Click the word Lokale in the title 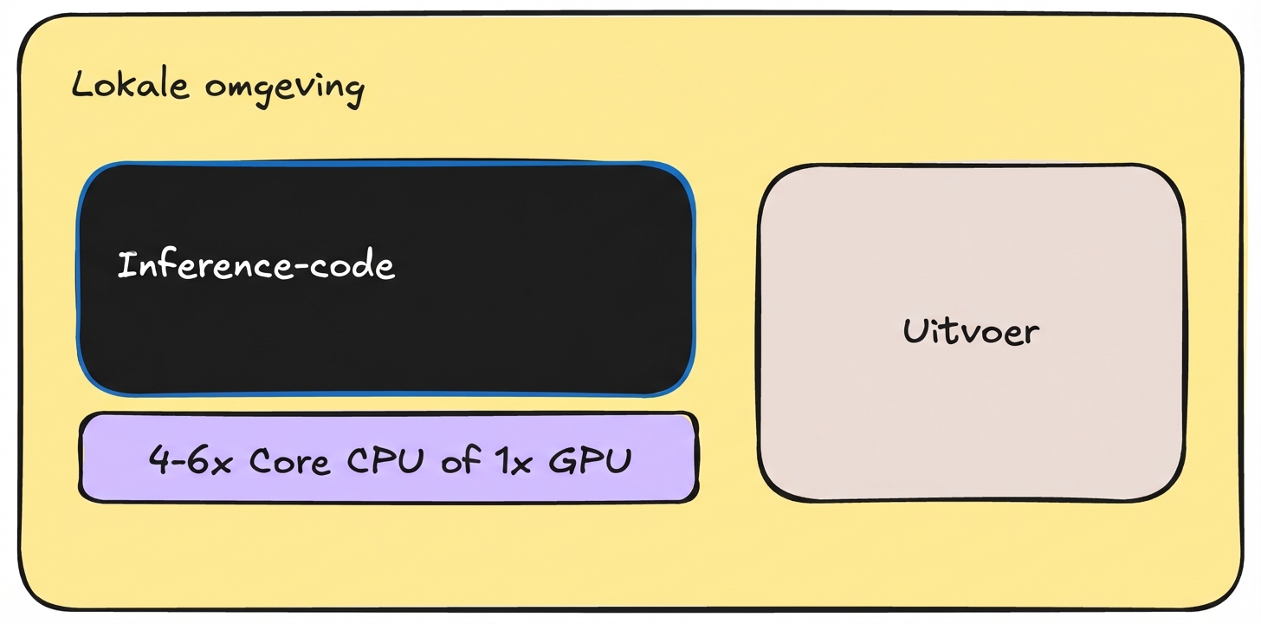[130, 87]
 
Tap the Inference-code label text [255, 266]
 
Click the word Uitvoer [970, 331]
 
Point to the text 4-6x [191, 460]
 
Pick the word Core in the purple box [289, 461]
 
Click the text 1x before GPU [514, 460]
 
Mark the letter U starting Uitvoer [913, 330]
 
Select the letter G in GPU [562, 460]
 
